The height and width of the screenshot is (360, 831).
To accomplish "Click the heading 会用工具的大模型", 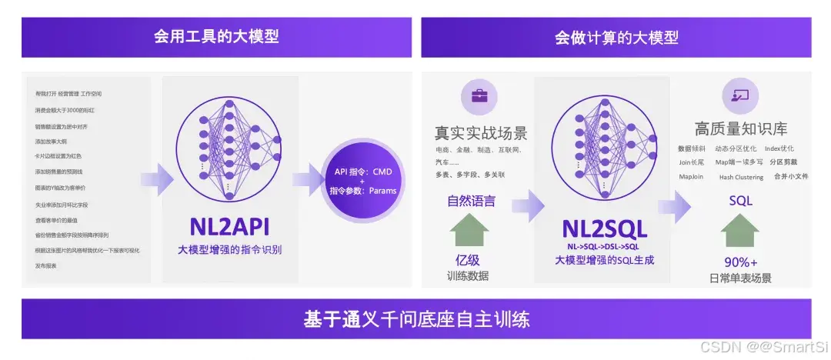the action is point(215,36).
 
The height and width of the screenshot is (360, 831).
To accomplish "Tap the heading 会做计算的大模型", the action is point(616,36).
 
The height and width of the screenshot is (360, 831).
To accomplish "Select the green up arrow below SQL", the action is point(740,229).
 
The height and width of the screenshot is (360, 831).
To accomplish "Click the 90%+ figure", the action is point(740,261).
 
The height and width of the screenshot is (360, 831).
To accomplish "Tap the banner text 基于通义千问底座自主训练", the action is point(416,318).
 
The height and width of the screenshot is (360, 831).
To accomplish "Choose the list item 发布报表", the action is point(46,265).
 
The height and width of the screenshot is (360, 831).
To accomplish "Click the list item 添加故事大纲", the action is point(51,142).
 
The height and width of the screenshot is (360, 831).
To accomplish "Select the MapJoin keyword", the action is point(690,176).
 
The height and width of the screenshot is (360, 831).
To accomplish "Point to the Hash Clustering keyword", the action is point(741,177).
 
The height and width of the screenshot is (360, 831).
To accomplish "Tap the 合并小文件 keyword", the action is point(791,176).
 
